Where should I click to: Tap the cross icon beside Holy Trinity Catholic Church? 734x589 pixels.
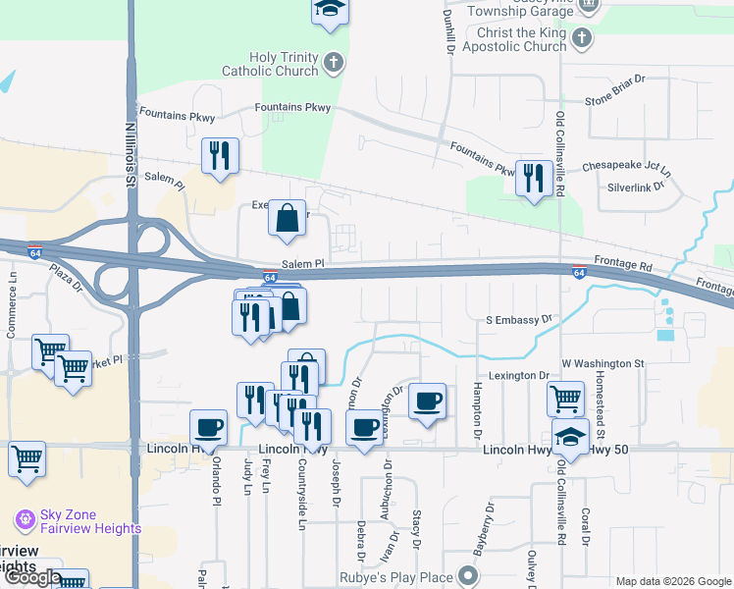tap(334, 64)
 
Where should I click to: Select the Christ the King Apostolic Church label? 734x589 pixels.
tap(514, 39)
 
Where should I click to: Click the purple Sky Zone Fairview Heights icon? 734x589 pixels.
tap(26, 518)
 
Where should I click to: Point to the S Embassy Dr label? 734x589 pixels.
tap(520, 319)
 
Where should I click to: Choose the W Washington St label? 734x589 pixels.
tap(603, 363)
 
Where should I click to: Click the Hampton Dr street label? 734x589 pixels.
tap(478, 409)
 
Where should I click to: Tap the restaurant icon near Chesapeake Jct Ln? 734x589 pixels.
tap(533, 178)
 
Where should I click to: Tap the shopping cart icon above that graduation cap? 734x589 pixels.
tap(565, 399)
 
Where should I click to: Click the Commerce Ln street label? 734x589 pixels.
tap(13, 311)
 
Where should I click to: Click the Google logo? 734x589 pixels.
tap(33, 577)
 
